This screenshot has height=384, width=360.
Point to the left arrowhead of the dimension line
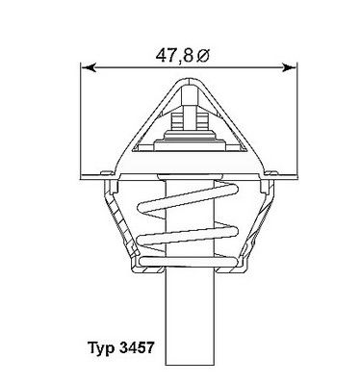pos(89,67)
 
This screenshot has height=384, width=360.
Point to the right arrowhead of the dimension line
pos(288,67)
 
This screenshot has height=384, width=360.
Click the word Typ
pos(101,348)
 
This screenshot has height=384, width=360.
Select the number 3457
pos(137,347)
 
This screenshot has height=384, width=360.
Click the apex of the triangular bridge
pos(190,79)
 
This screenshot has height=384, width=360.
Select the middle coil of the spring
pos(188,235)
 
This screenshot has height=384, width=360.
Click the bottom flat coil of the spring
pos(188,263)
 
